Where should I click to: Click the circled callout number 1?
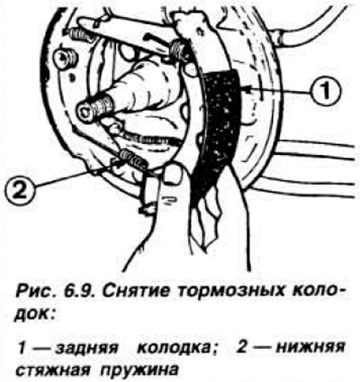(x=326, y=90)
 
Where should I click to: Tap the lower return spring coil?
(x=133, y=159)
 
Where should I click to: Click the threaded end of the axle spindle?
(x=95, y=109)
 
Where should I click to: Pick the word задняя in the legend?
(x=87, y=350)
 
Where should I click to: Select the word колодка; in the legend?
(x=177, y=350)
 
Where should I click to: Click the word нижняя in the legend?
(x=310, y=349)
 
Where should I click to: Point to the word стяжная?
(x=53, y=369)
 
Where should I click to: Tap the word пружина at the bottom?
(x=139, y=370)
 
